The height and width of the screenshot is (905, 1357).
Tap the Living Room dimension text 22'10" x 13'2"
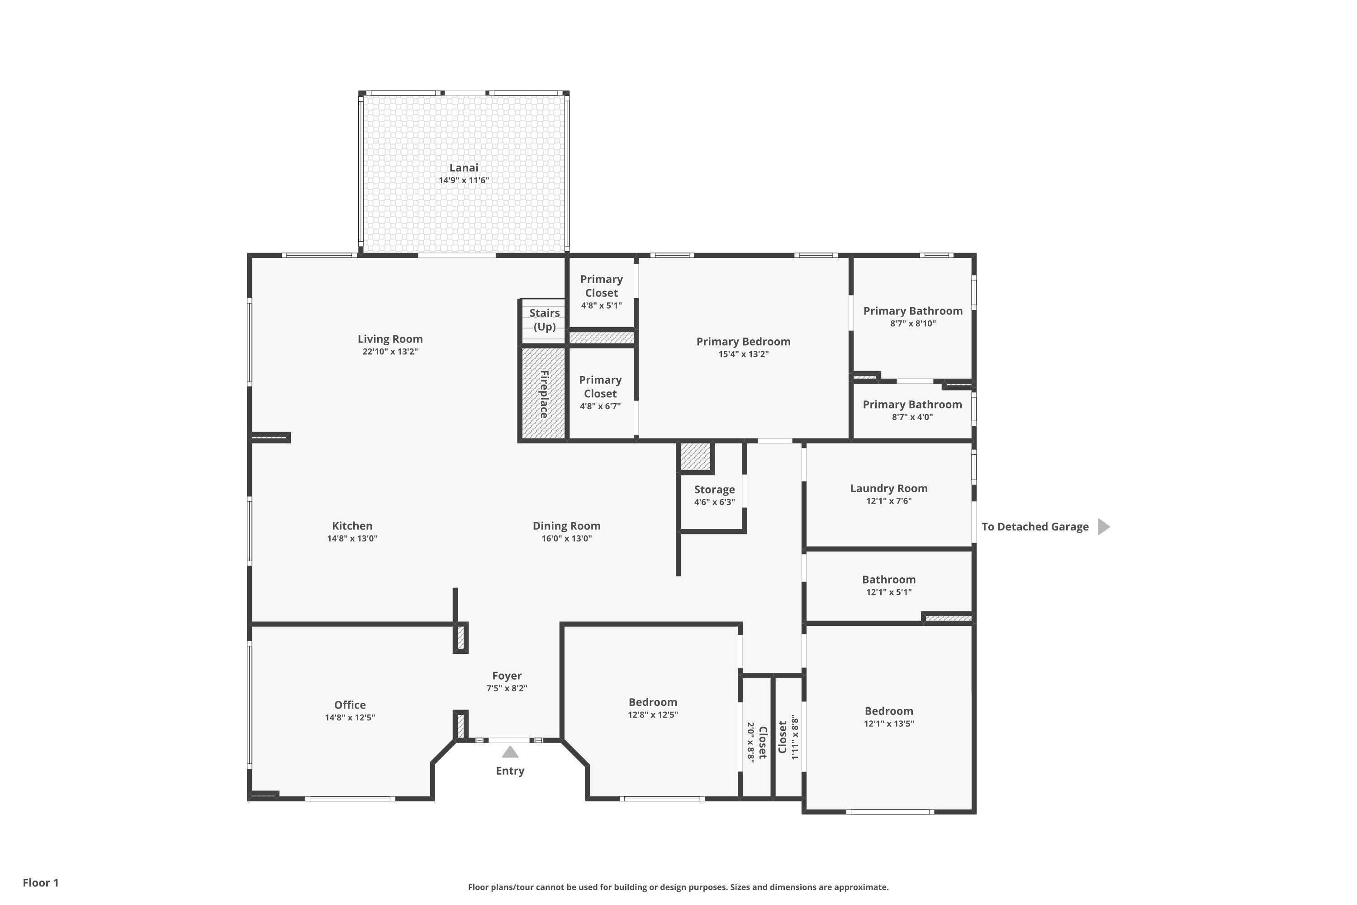[390, 352]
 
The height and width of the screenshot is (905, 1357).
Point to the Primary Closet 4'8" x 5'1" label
[601, 291]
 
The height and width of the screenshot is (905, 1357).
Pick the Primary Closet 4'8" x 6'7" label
[600, 392]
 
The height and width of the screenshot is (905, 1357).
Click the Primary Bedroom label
[743, 342]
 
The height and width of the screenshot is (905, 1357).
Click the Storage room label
[714, 490]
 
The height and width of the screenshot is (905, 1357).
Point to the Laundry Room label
[888, 488]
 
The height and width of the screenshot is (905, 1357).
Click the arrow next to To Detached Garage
[1103, 526]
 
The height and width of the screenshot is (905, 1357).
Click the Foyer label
[507, 676]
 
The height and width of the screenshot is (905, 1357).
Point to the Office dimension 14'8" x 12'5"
[350, 717]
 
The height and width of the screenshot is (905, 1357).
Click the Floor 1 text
[40, 882]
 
